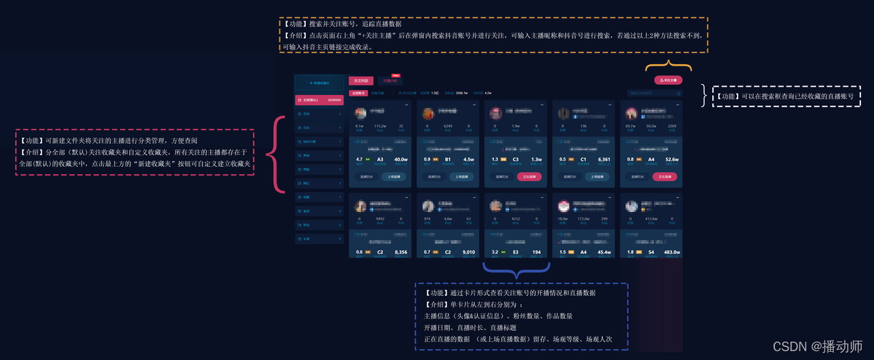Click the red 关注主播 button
pos(668,80)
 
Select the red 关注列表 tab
pos(361,81)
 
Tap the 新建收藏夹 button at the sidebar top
pos(319,83)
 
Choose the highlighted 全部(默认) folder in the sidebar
pos(319,100)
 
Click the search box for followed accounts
pos(653,93)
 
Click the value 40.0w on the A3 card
pos(401,159)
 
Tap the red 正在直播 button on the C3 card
pos(528,176)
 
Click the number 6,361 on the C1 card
pos(604,159)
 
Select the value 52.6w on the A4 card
pos(671,159)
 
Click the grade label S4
pos(652,252)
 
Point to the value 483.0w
pos(671,252)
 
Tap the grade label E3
pos(516,252)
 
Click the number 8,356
pos(401,252)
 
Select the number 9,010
pos(468,252)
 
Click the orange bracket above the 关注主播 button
pos(668,67)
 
